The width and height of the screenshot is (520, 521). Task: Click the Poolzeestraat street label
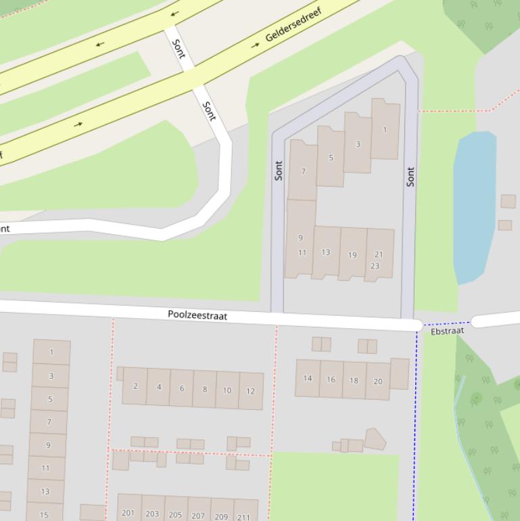coord(197,315)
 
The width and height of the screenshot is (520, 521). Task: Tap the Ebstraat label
coord(447,332)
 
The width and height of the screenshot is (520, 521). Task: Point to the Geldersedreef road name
coord(293,25)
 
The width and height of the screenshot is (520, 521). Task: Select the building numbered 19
coord(352,254)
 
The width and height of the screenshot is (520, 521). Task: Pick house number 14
coord(308,378)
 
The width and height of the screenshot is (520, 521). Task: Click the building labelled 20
coord(377,381)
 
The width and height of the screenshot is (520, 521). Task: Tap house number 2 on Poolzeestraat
coord(135,386)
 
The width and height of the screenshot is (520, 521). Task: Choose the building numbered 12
coord(250,390)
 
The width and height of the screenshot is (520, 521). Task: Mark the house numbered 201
coord(128,513)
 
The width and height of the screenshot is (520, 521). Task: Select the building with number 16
coord(331,380)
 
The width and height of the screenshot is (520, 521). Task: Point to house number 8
coord(204,389)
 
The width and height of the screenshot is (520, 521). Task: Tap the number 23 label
coord(375,266)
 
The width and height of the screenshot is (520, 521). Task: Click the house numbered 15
coord(44,514)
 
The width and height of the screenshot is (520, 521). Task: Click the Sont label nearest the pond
coord(410,177)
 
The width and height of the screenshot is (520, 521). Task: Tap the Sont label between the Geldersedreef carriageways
coord(179,49)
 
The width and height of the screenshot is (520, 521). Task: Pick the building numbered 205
coord(175,514)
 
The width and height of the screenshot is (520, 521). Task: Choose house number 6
coord(181,388)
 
